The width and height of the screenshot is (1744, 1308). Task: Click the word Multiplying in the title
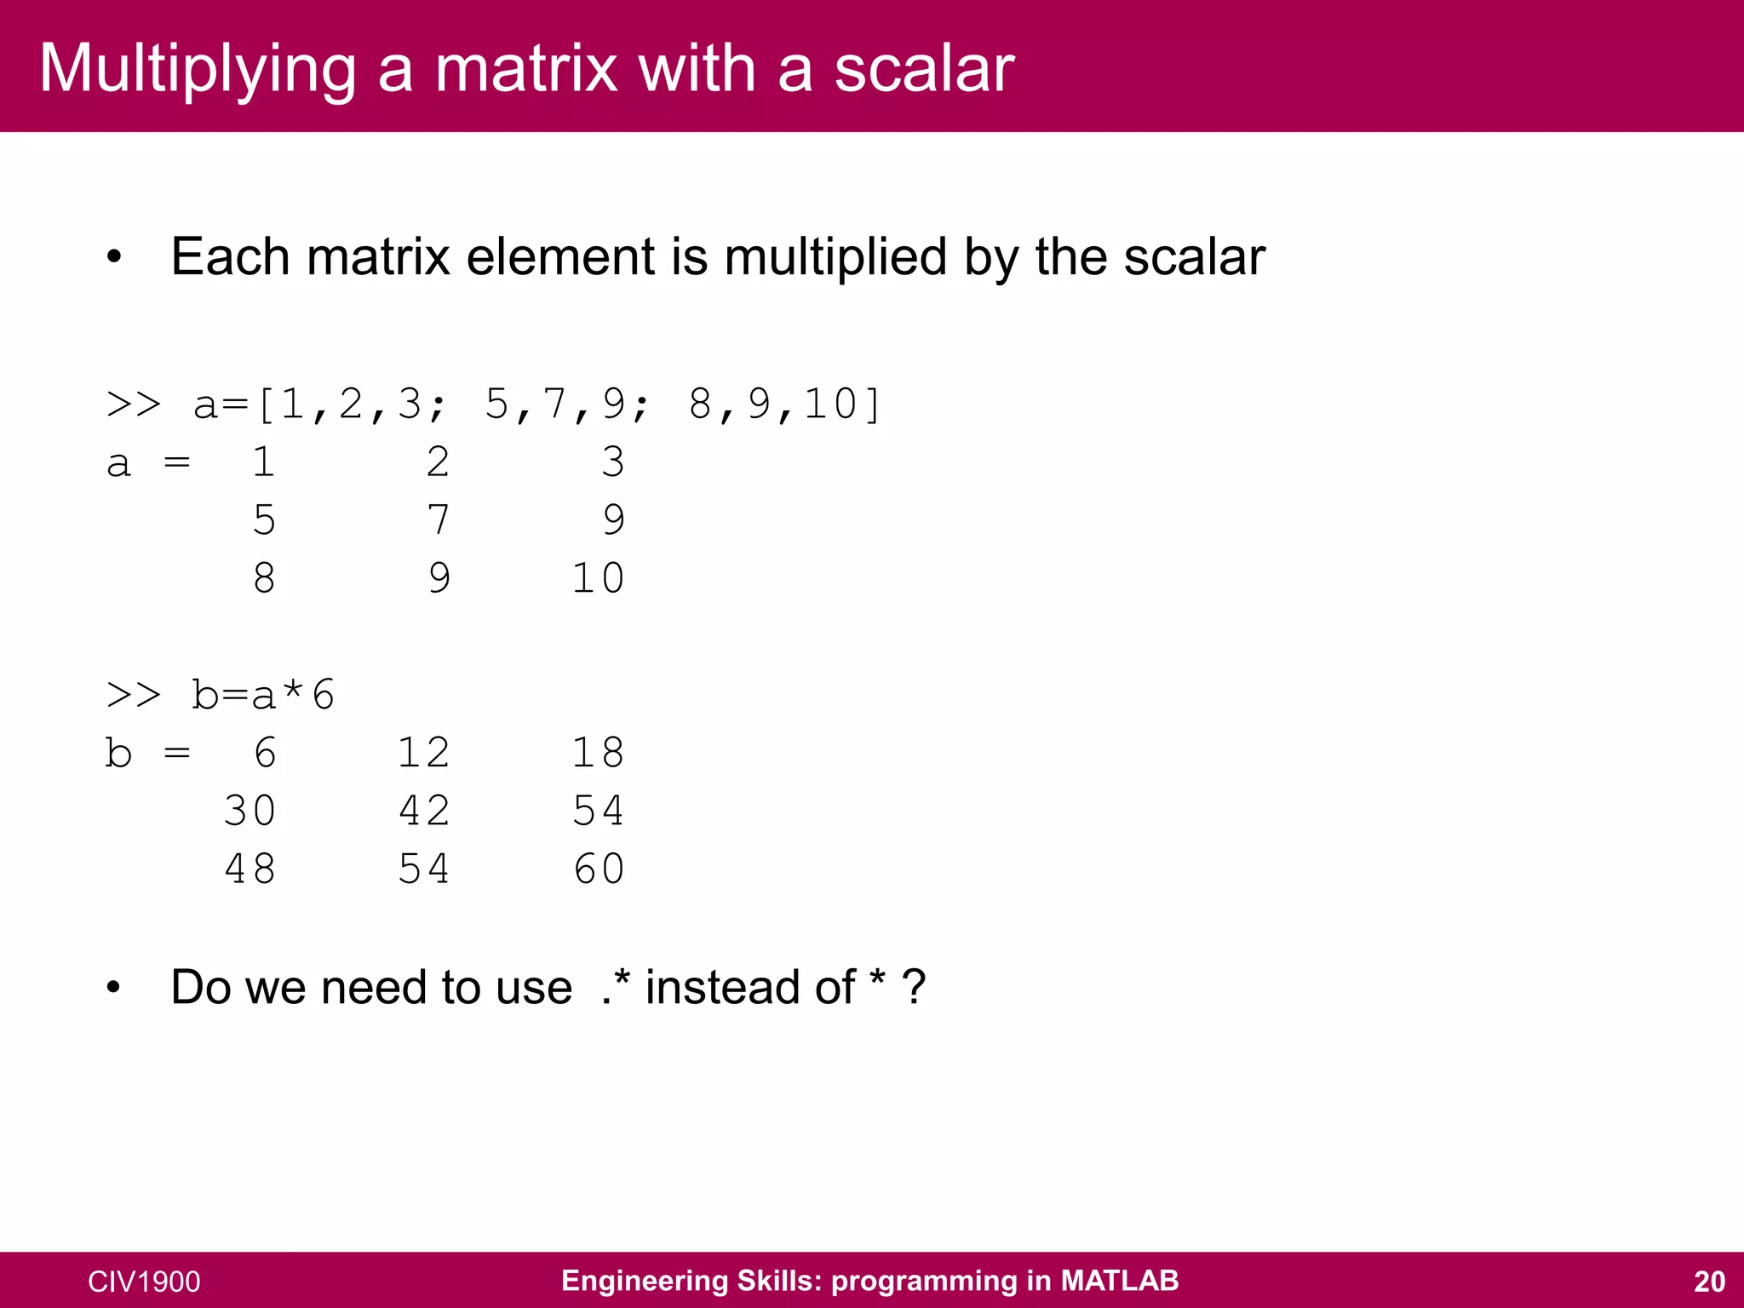(x=198, y=70)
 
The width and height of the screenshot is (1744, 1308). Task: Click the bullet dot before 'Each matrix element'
(x=114, y=257)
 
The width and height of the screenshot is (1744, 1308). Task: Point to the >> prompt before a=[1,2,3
(x=134, y=404)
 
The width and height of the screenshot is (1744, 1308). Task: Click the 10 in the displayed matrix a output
(x=598, y=578)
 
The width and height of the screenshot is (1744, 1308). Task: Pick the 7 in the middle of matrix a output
(x=439, y=520)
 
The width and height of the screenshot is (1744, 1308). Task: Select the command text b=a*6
(x=263, y=695)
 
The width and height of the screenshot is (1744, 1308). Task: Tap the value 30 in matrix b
(x=250, y=811)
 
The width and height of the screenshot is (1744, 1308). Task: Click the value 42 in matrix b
(x=424, y=811)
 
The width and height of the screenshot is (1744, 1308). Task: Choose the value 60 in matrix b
(x=599, y=869)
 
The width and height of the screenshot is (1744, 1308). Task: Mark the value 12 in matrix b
(x=424, y=753)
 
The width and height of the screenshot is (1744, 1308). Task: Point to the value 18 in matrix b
(x=599, y=753)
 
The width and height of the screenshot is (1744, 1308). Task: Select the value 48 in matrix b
(x=250, y=869)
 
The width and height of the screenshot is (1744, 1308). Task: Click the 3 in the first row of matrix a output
(x=613, y=462)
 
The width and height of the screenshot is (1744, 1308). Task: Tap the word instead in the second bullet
(x=749, y=988)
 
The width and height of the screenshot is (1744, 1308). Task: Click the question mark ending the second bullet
(x=914, y=988)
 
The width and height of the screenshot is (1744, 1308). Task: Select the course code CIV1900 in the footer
(x=144, y=1282)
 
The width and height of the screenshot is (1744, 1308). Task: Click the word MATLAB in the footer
(x=1119, y=1281)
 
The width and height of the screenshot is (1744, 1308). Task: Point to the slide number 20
(x=1709, y=1282)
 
